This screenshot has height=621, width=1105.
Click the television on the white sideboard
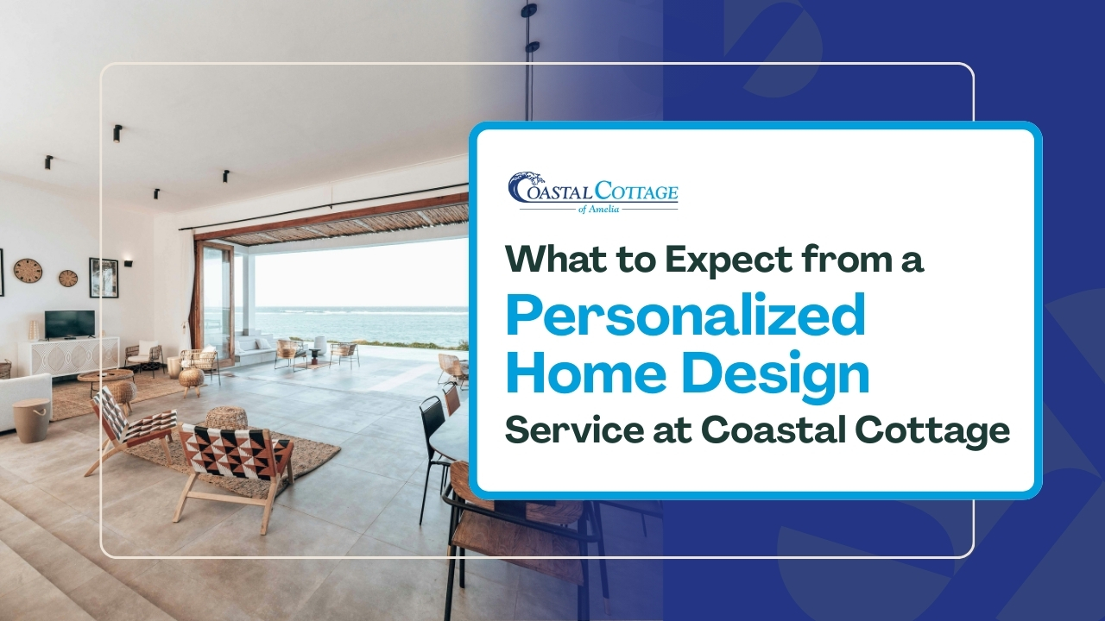point(69,323)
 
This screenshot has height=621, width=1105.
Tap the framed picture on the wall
point(104,277)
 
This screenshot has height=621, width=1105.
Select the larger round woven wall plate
point(28,270)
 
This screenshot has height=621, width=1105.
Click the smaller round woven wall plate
point(68,278)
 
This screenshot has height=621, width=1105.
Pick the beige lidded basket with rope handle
point(31,420)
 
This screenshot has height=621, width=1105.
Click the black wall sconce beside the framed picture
point(128,261)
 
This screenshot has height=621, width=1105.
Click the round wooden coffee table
point(104,377)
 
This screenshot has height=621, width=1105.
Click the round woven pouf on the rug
point(226,420)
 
